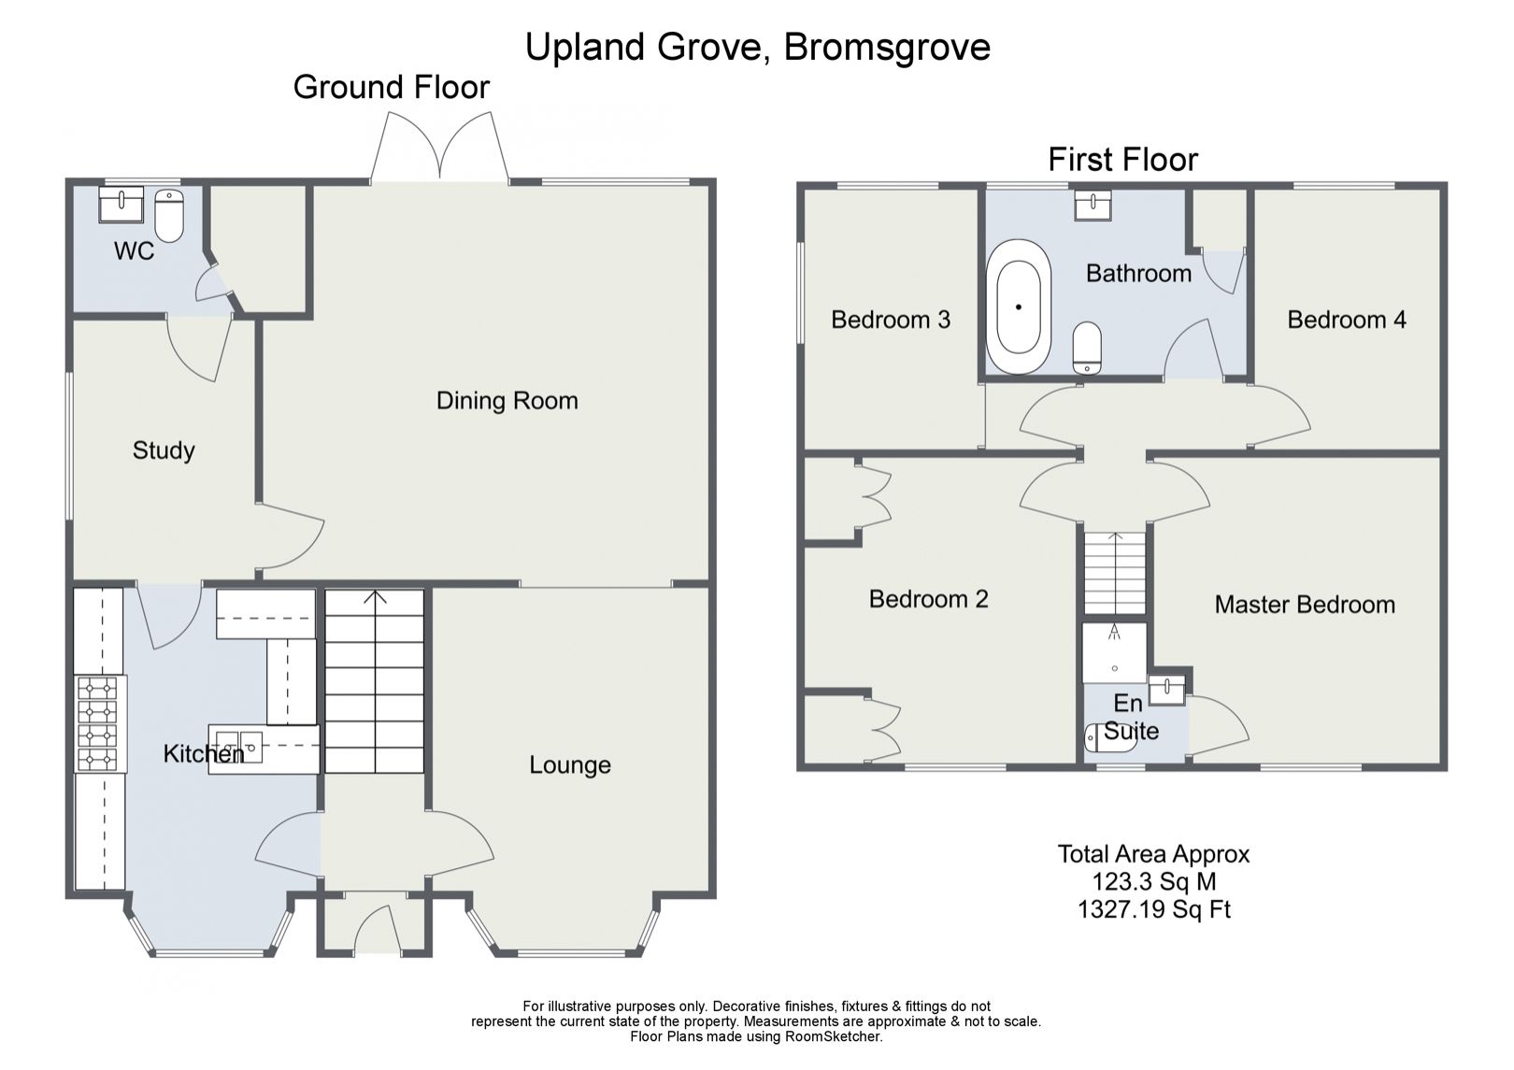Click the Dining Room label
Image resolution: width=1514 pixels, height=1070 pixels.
pos(507,401)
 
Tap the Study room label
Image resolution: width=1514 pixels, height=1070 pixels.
pos(164,450)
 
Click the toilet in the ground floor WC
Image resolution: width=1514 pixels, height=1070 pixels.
pos(169,216)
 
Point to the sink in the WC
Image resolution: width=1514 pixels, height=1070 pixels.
pos(121,204)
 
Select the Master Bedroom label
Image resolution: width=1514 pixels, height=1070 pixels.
pos(1304,605)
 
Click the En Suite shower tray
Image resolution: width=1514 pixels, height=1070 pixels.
pos(1114,651)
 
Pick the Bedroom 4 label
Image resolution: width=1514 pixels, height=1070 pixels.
pos(1346,320)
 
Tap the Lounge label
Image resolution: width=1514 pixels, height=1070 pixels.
pos(569,765)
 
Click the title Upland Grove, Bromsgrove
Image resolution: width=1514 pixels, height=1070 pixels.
pos(757,46)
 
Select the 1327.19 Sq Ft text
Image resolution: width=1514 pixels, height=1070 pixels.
pos(1153,908)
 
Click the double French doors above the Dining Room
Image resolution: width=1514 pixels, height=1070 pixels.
pos(440,150)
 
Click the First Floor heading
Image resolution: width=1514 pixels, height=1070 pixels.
pos(1121,160)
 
